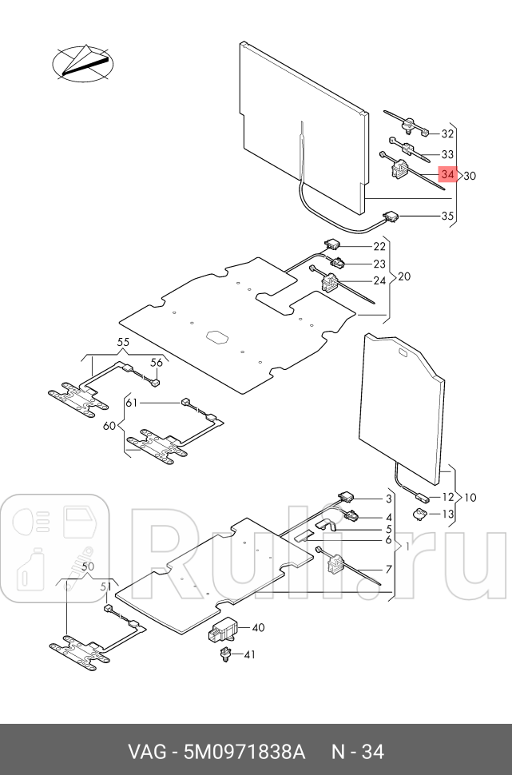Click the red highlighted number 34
point(447,175)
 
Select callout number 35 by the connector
point(447,216)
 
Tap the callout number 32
point(447,134)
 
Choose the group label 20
point(404,277)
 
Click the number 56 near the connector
point(157,362)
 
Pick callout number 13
point(448,514)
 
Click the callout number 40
point(258,628)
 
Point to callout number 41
point(249,655)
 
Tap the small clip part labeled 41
point(225,656)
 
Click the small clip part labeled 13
point(419,513)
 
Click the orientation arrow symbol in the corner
point(82,63)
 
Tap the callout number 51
point(104,587)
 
